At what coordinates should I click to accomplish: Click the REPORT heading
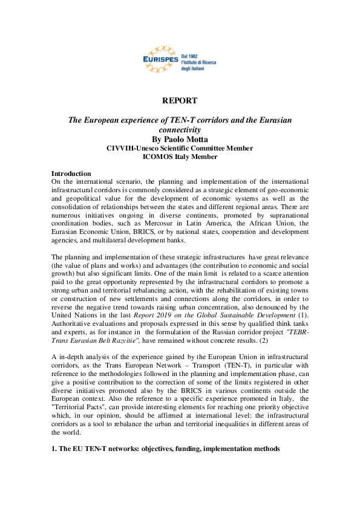pyautogui.click(x=180, y=100)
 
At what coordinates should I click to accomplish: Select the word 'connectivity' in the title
pyautogui.click(x=180, y=129)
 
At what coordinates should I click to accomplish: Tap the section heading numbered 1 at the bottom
pyautogui.click(x=165, y=449)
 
